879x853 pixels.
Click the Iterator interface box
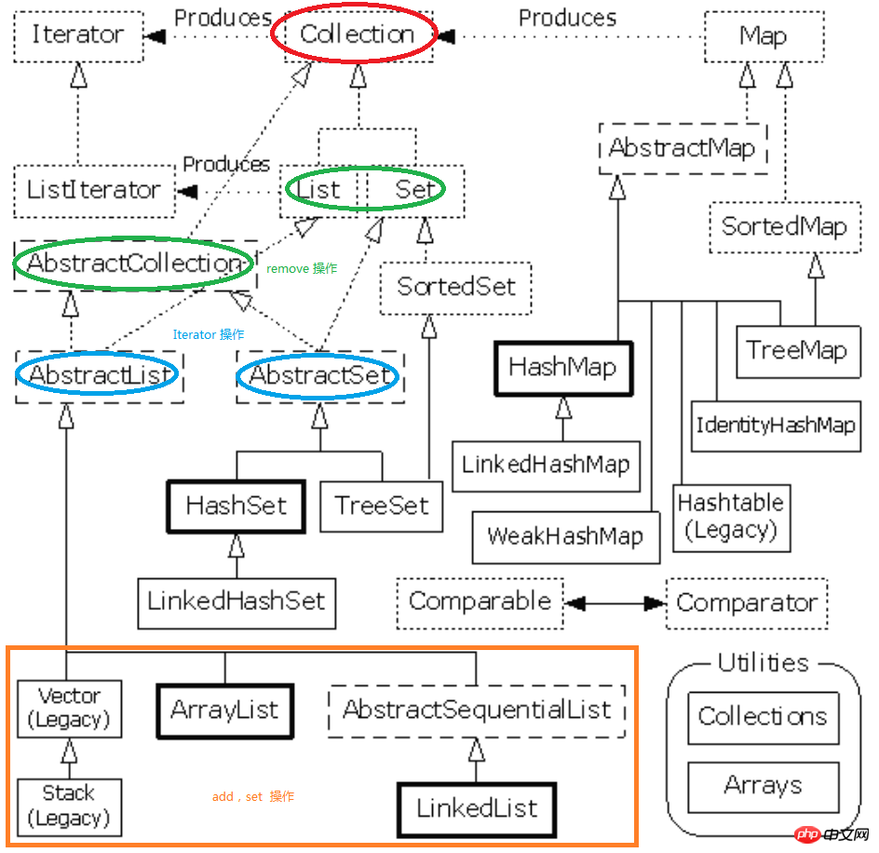tap(78, 36)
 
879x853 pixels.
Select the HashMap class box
tap(563, 369)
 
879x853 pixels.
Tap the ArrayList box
tap(224, 711)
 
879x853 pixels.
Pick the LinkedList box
tap(477, 809)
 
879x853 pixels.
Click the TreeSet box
tap(381, 506)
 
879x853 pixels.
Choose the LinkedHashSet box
tap(237, 603)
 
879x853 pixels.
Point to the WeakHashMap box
tap(565, 536)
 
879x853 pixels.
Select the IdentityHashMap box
tap(776, 426)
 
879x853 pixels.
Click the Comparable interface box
tap(480, 603)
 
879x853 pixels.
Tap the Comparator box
tap(747, 603)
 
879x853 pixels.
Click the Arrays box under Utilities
tap(763, 787)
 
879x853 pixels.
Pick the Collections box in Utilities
tap(763, 718)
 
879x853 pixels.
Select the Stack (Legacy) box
tap(70, 807)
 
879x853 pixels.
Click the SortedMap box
tap(785, 227)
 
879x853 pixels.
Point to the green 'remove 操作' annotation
tap(302, 268)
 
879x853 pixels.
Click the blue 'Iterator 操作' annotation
tap(209, 335)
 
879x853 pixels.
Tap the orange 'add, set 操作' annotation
tap(253, 796)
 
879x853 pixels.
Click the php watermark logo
tap(807, 834)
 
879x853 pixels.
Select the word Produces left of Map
tap(567, 18)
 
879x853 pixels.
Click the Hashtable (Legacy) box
tap(732, 518)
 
